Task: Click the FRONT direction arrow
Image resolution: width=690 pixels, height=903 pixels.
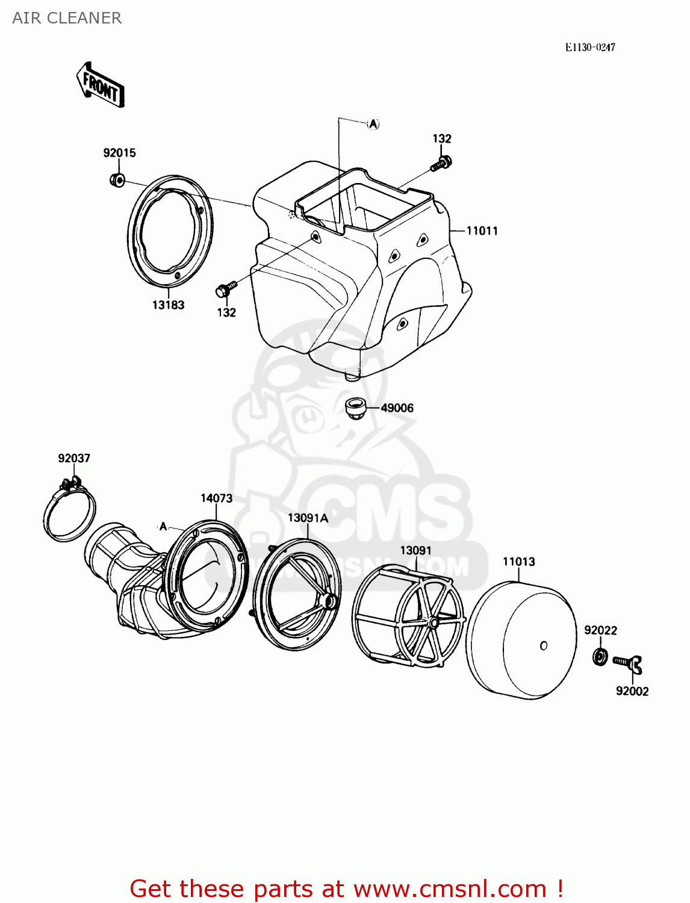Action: pyautogui.click(x=101, y=85)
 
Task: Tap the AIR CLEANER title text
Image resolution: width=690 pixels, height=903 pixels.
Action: pyautogui.click(x=67, y=18)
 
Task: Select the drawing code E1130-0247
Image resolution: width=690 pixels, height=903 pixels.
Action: pyautogui.click(x=589, y=48)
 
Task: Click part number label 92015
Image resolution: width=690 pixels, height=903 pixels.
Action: pyautogui.click(x=119, y=153)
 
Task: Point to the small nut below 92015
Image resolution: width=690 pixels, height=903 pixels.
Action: pyautogui.click(x=117, y=179)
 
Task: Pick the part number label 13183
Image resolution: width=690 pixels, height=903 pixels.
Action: pyautogui.click(x=168, y=305)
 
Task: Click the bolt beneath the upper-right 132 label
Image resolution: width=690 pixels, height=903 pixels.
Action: pyautogui.click(x=441, y=163)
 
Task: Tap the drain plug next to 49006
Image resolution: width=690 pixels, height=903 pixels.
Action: pyautogui.click(x=356, y=408)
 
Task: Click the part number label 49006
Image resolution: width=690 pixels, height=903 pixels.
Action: pyautogui.click(x=397, y=408)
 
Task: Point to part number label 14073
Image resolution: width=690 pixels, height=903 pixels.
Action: pyautogui.click(x=216, y=498)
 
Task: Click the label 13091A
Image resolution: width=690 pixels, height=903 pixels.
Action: pyautogui.click(x=308, y=518)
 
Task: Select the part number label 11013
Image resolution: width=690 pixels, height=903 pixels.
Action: pyautogui.click(x=518, y=562)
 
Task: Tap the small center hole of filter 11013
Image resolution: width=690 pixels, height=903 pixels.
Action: pyautogui.click(x=543, y=646)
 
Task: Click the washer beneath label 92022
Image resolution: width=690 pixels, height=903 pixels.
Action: pyautogui.click(x=599, y=656)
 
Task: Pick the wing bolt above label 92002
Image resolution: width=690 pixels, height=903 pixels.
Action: pyautogui.click(x=628, y=663)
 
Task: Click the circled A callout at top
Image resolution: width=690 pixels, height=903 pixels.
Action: pyautogui.click(x=373, y=124)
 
